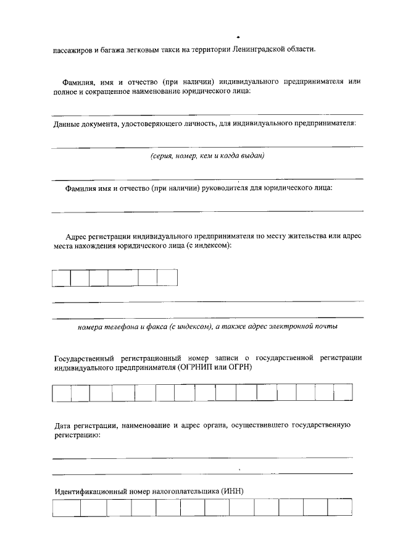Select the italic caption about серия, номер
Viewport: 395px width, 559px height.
coord(207,156)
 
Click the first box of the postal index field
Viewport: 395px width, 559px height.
coord(61,278)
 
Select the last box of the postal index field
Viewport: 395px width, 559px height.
coord(167,278)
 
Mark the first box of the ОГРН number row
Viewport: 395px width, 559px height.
coord(62,393)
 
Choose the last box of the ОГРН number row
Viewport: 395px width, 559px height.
coord(343,393)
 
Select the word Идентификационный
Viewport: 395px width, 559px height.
coord(90,492)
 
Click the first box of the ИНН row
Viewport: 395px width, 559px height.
coord(67,508)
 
